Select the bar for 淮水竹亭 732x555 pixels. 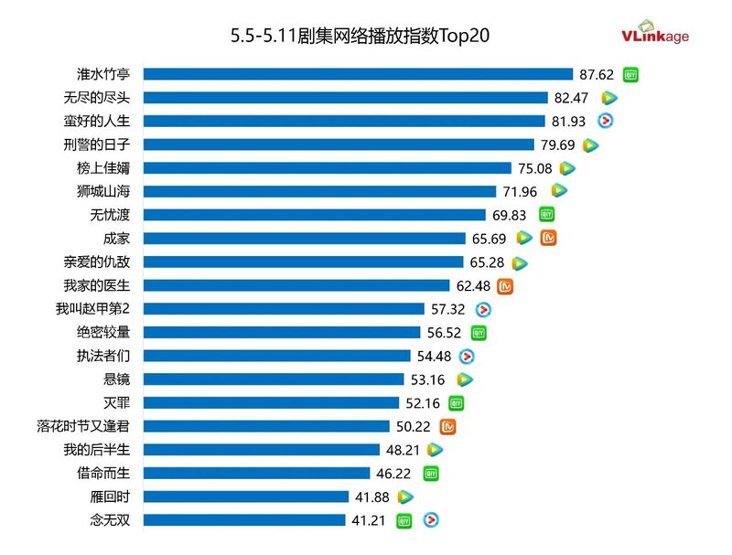358,74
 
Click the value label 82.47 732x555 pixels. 577,98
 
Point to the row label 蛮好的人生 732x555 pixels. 103,121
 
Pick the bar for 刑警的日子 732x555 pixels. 339,144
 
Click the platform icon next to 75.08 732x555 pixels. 567,168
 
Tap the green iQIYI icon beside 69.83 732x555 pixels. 546,215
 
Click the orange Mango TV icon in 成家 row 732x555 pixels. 549,238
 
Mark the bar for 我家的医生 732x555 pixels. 296,285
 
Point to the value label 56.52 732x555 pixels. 444,333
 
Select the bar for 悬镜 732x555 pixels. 274,379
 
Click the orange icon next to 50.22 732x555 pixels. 448,426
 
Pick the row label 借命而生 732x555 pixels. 103,474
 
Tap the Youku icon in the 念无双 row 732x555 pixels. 429,520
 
